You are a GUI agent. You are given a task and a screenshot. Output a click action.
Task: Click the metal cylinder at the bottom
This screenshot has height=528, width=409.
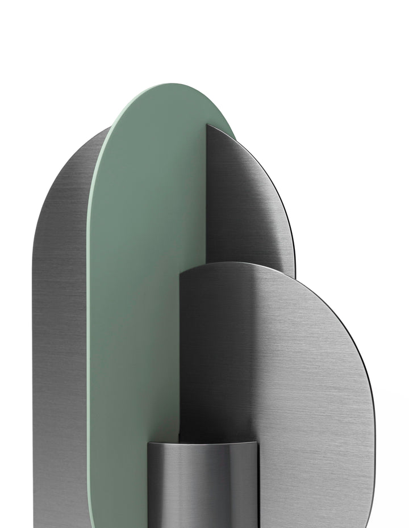click(202, 488)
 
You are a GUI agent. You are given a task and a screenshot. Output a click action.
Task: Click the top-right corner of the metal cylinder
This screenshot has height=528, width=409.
click(257, 443)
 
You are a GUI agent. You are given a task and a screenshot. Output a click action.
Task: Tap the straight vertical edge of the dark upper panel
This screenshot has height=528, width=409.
click(206, 199)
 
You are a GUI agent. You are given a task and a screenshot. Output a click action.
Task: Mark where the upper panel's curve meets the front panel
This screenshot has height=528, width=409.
click(295, 278)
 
